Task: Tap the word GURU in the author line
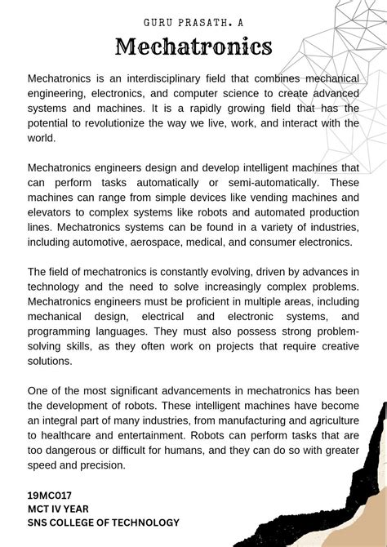click(158, 19)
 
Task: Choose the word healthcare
click(69, 435)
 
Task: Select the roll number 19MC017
click(49, 495)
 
